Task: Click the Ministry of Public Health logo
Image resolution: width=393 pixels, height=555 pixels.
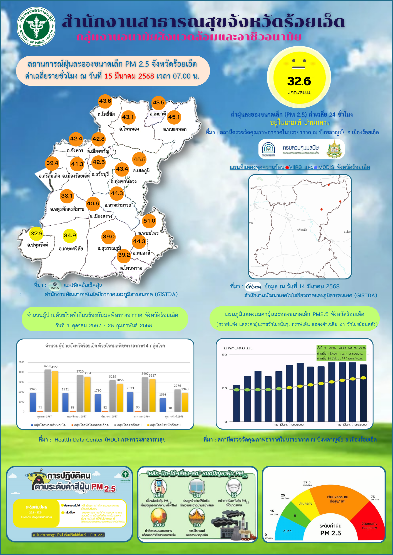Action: [x=36, y=26]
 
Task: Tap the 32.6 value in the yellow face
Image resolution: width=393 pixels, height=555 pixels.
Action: [x=299, y=81]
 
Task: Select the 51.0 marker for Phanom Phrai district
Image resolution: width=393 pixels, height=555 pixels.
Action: [x=149, y=221]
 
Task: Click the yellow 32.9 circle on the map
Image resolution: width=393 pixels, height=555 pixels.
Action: [x=36, y=234]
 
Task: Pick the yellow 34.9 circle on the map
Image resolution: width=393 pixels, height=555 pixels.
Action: [x=70, y=236]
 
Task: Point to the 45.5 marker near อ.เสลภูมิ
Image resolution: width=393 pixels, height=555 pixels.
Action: [x=139, y=160]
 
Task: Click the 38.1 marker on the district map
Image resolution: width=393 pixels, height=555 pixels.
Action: [x=67, y=196]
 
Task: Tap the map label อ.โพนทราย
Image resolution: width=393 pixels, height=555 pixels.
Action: [x=131, y=268]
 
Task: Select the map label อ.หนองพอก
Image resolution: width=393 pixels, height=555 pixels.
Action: [x=175, y=129]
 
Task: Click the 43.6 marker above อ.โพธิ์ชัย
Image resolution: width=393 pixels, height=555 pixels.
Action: [x=105, y=101]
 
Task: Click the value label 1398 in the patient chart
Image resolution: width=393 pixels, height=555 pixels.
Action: [x=163, y=394]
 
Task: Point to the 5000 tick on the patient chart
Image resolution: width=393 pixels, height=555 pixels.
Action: [x=22, y=362]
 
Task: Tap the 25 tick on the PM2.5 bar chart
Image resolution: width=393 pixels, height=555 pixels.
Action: [x=224, y=388]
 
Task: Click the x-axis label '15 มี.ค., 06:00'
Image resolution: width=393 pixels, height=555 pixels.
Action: [x=352, y=425]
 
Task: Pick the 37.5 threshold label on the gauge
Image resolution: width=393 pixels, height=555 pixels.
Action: [x=307, y=482]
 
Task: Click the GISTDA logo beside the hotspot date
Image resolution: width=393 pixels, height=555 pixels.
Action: [x=253, y=286]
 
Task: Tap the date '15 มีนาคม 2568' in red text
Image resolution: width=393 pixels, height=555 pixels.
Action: [x=129, y=76]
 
